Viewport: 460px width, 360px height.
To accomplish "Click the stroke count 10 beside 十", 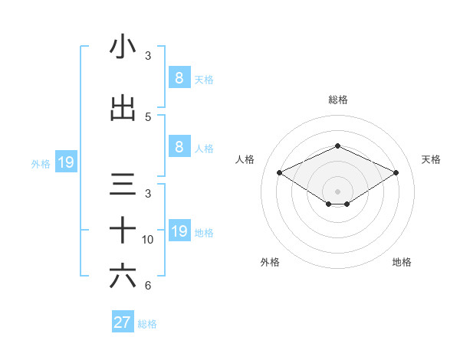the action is [x=149, y=240].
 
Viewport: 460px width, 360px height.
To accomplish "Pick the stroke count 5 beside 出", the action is [x=148, y=117].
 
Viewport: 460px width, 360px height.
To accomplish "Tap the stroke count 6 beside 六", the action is [x=148, y=286].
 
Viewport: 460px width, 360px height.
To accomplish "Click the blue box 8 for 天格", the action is [x=179, y=77].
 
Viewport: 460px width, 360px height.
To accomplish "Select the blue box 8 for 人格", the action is [x=179, y=148].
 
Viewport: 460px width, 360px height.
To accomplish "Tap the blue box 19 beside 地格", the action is [x=179, y=232].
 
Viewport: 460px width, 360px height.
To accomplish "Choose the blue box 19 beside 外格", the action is [x=65, y=162].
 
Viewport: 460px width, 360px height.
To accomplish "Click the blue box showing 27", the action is [x=123, y=322].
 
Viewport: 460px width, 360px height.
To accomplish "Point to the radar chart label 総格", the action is [x=337, y=100].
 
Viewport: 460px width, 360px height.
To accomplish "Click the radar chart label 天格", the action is [x=431, y=159].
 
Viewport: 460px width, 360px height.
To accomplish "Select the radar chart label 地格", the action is [x=402, y=262].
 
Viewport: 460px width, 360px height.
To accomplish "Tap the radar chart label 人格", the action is [x=245, y=159].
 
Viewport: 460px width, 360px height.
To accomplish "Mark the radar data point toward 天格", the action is [x=396, y=173].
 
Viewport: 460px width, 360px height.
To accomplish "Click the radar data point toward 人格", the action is [x=280, y=173].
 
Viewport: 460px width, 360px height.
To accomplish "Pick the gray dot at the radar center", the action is [x=337, y=191].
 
